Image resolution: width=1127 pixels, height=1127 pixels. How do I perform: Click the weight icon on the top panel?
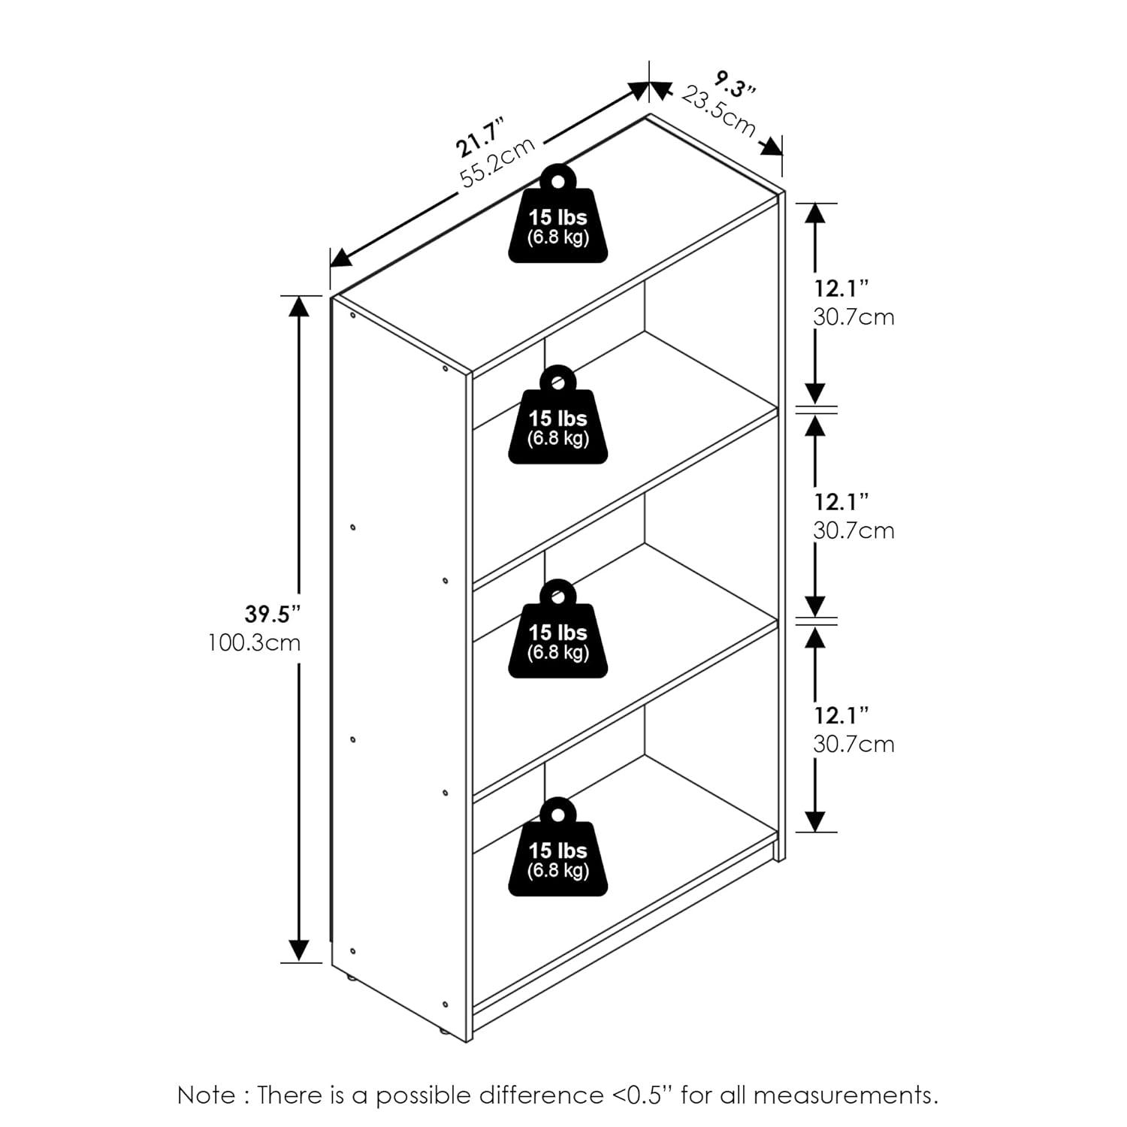pos(558,213)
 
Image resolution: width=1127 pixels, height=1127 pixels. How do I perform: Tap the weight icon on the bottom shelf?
pos(558,847)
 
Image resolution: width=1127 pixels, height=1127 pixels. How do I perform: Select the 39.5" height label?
pos(273,614)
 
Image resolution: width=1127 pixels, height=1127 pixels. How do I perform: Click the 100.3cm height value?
pos(255,643)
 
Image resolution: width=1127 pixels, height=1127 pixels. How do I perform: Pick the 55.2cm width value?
pos(497,162)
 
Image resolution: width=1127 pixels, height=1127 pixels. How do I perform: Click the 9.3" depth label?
pos(735,84)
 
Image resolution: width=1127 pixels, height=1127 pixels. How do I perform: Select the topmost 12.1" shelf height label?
pos(841,288)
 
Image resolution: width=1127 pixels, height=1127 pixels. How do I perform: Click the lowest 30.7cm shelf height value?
pos(854,744)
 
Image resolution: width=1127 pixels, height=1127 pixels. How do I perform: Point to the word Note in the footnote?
pos(205,1095)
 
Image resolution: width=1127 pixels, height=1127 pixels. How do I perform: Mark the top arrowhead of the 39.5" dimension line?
pos(300,306)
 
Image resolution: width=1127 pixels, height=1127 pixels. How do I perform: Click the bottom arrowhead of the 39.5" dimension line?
pos(300,950)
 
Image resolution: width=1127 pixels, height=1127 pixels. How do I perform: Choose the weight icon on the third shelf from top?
pos(558,628)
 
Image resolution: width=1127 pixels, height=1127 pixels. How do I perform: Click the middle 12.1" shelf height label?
pos(841,501)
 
